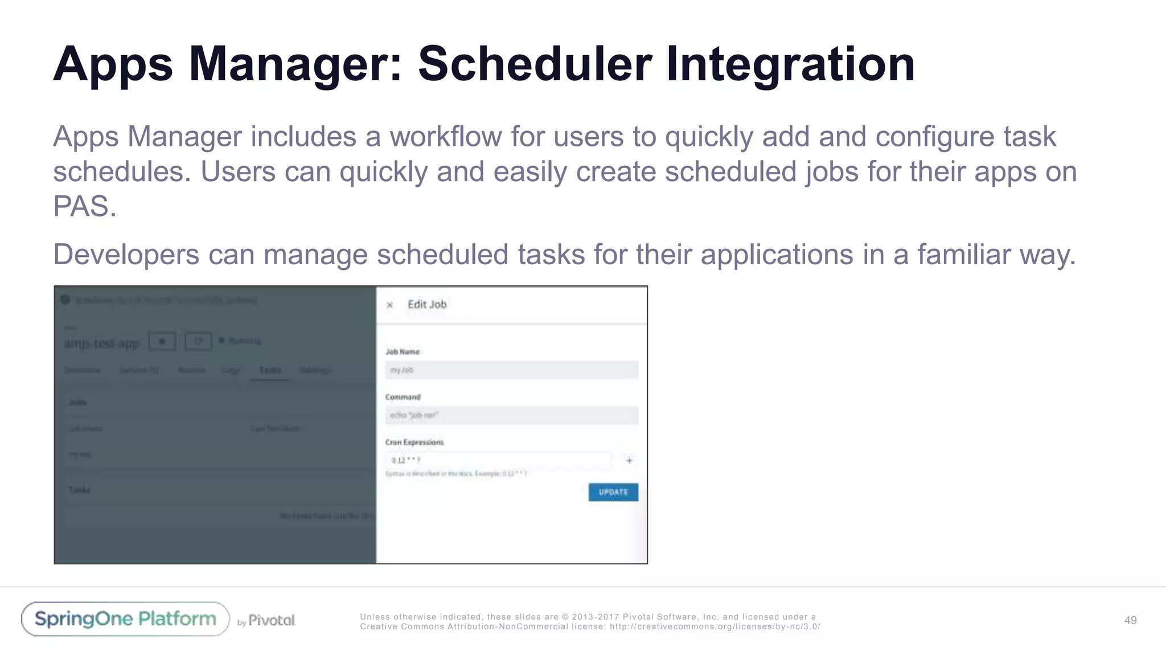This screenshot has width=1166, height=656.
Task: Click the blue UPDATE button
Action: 613,492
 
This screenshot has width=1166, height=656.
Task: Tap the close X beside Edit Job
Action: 390,305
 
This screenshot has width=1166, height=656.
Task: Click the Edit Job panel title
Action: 427,305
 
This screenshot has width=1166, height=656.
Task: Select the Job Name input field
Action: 511,370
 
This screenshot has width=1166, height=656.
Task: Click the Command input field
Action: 511,415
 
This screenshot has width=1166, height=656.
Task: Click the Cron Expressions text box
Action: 498,460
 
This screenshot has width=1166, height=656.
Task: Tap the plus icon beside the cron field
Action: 629,460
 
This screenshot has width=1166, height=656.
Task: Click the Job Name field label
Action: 403,352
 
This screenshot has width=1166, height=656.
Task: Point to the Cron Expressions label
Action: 414,442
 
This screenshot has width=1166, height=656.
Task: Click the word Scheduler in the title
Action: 535,64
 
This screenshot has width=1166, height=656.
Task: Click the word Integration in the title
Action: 790,64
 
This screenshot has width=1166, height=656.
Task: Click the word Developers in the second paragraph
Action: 126,254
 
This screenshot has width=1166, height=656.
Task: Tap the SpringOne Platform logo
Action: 125,619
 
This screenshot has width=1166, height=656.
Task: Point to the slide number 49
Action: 1130,620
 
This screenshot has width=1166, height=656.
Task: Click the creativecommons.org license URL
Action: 715,626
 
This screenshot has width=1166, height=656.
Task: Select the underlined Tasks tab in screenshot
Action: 270,370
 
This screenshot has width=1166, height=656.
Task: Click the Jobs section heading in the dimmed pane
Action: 77,403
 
